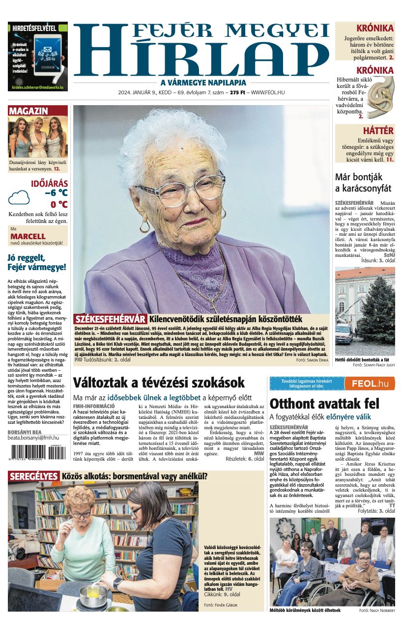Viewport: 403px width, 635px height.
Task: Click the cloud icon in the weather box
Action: (x=19, y=198)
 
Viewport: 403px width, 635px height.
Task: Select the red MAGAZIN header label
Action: (x=29, y=111)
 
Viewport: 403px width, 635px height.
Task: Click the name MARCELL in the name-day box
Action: (x=28, y=236)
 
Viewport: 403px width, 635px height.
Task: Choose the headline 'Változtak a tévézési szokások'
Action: (x=158, y=383)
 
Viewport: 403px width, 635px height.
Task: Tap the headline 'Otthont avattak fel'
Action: (x=324, y=404)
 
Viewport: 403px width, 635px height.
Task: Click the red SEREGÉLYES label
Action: (x=33, y=476)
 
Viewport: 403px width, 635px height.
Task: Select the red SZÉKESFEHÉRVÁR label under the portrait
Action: (x=110, y=319)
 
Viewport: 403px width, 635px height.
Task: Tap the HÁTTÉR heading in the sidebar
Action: (x=377, y=131)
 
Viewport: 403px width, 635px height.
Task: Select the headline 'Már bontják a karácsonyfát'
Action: (x=363, y=182)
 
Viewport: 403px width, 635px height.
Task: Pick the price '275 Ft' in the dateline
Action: (x=237, y=92)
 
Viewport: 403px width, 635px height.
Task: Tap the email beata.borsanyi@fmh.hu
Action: (x=33, y=437)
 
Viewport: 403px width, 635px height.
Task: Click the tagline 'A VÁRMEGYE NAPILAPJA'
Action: (x=203, y=83)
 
